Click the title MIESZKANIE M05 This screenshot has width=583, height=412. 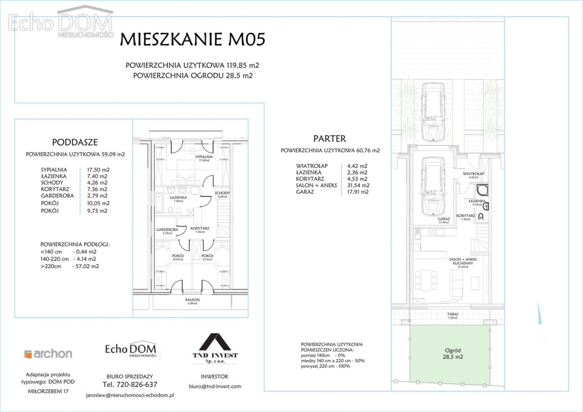192,40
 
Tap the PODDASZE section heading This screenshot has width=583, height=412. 75,142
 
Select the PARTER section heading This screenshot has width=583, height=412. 329,139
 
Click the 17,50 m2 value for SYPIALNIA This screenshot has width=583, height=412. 98,169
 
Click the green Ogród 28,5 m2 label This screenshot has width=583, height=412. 450,354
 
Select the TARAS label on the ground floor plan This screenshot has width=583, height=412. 452,314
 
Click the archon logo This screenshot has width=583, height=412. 48,354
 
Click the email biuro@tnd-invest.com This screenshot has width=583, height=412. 215,386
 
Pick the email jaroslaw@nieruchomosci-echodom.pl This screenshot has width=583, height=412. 130,395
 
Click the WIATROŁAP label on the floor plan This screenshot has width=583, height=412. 473,174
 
